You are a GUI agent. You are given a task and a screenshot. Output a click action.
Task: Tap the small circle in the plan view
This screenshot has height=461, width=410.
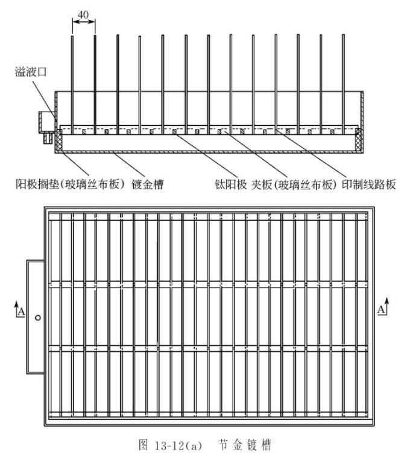37,317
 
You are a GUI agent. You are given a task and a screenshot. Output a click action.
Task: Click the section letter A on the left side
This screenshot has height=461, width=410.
22,312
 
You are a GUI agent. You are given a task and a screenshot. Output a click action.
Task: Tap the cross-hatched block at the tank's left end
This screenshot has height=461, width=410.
61,140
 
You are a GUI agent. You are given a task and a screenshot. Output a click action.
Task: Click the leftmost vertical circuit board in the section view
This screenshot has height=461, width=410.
72,84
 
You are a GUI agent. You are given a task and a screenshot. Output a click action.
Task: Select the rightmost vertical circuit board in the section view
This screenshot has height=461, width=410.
343,84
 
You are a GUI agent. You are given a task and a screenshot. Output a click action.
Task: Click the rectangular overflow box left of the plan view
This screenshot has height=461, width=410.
35,317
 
